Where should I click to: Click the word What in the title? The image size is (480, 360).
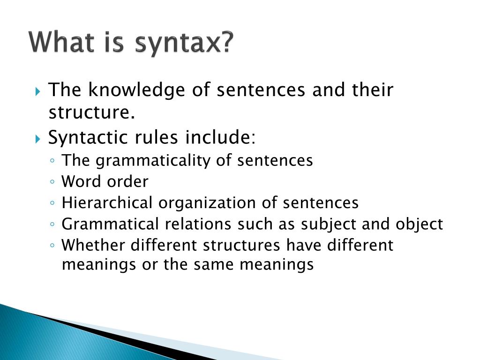coord(61,43)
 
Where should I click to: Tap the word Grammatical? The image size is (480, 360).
coord(111,225)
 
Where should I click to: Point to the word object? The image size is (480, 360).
coord(419,225)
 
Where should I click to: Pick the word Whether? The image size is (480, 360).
coord(94,245)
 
